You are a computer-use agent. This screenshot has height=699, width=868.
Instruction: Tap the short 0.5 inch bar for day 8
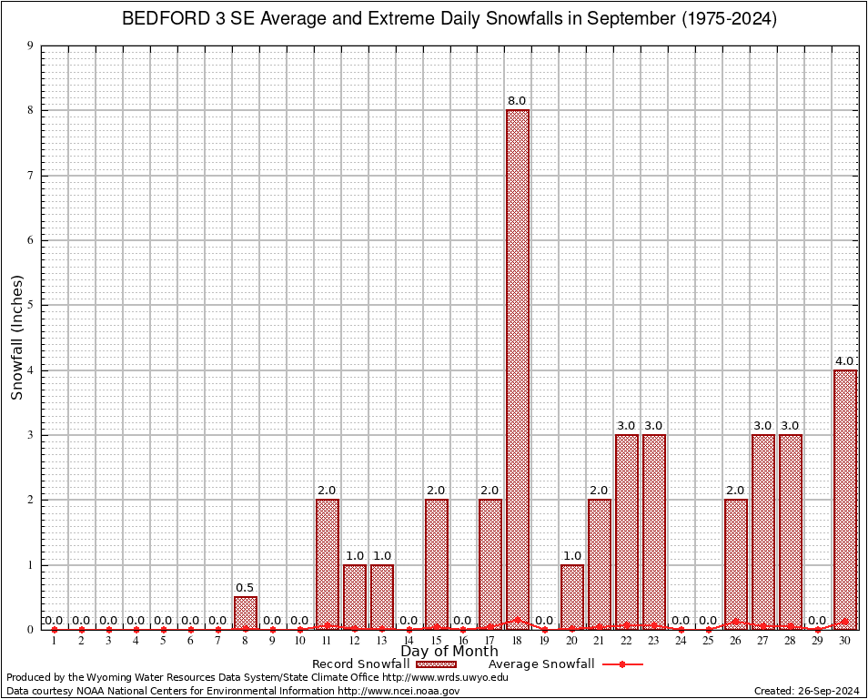coord(246,613)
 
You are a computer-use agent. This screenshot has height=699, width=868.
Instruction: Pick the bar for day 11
coord(328,564)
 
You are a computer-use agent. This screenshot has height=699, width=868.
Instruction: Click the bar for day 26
coord(736,564)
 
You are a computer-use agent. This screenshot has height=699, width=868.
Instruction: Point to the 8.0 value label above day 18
coord(518,101)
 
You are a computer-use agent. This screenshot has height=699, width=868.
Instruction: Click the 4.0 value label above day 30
coord(845,361)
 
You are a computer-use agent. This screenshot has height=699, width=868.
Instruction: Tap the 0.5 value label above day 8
coord(246,588)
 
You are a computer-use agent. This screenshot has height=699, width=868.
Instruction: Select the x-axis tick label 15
coord(436,641)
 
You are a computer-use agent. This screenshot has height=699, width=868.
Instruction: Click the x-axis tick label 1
coord(55,641)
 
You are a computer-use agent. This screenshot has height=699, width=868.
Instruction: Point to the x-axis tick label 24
coord(681,641)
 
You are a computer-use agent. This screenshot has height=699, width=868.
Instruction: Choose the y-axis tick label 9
coord(31,46)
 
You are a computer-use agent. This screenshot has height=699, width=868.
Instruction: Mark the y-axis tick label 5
coord(31,306)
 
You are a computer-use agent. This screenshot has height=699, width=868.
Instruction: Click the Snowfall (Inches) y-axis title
coord(16,338)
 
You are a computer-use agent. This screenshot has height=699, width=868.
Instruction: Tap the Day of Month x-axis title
coord(449,652)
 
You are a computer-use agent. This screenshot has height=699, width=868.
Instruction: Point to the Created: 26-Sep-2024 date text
coord(806,691)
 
